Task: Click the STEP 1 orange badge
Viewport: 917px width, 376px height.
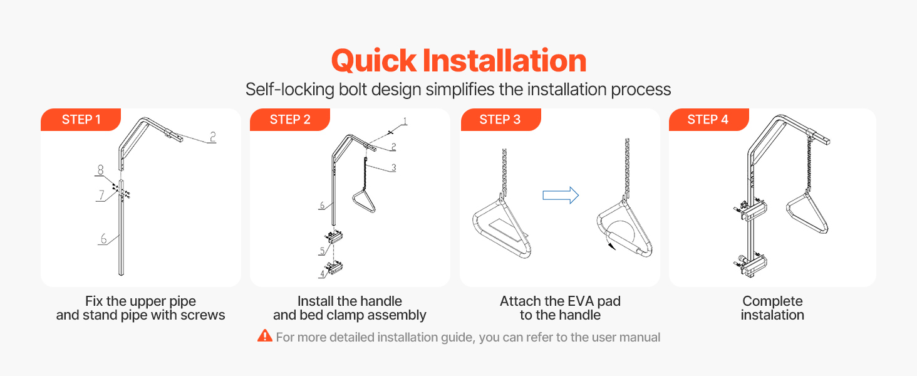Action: (x=81, y=120)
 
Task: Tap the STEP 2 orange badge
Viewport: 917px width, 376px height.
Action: (x=290, y=120)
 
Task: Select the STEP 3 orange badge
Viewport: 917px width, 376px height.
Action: (x=500, y=120)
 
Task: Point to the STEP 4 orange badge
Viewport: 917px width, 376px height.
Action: (x=708, y=120)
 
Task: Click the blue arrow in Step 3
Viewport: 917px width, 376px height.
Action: (x=561, y=196)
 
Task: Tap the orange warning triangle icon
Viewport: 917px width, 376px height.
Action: (x=265, y=335)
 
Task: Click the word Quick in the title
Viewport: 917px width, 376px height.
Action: (x=374, y=61)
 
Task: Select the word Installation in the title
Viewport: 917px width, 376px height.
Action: (x=504, y=60)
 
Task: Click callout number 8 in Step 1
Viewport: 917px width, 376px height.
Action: (x=100, y=170)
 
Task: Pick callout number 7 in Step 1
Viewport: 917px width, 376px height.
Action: (x=101, y=195)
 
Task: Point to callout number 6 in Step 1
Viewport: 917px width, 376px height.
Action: (x=103, y=239)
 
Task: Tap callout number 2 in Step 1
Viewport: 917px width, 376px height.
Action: (x=212, y=137)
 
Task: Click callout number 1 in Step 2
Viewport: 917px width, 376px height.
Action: (x=405, y=121)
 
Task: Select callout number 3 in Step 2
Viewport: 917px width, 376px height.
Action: (x=393, y=167)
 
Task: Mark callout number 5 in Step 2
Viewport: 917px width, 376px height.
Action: (x=322, y=251)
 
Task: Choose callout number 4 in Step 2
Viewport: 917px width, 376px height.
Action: (x=322, y=274)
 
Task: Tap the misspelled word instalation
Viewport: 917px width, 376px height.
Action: (x=772, y=315)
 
